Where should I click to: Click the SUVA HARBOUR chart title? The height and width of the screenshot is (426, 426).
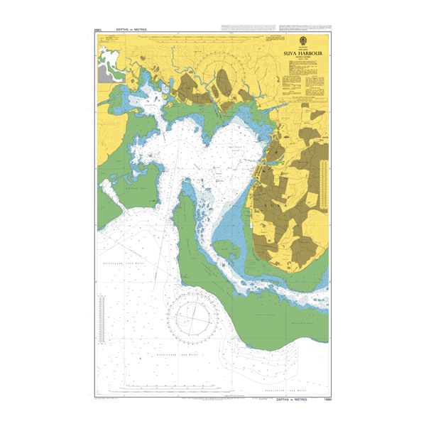[x=299, y=52]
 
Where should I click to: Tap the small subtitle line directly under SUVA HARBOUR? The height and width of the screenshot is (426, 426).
[x=299, y=57]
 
